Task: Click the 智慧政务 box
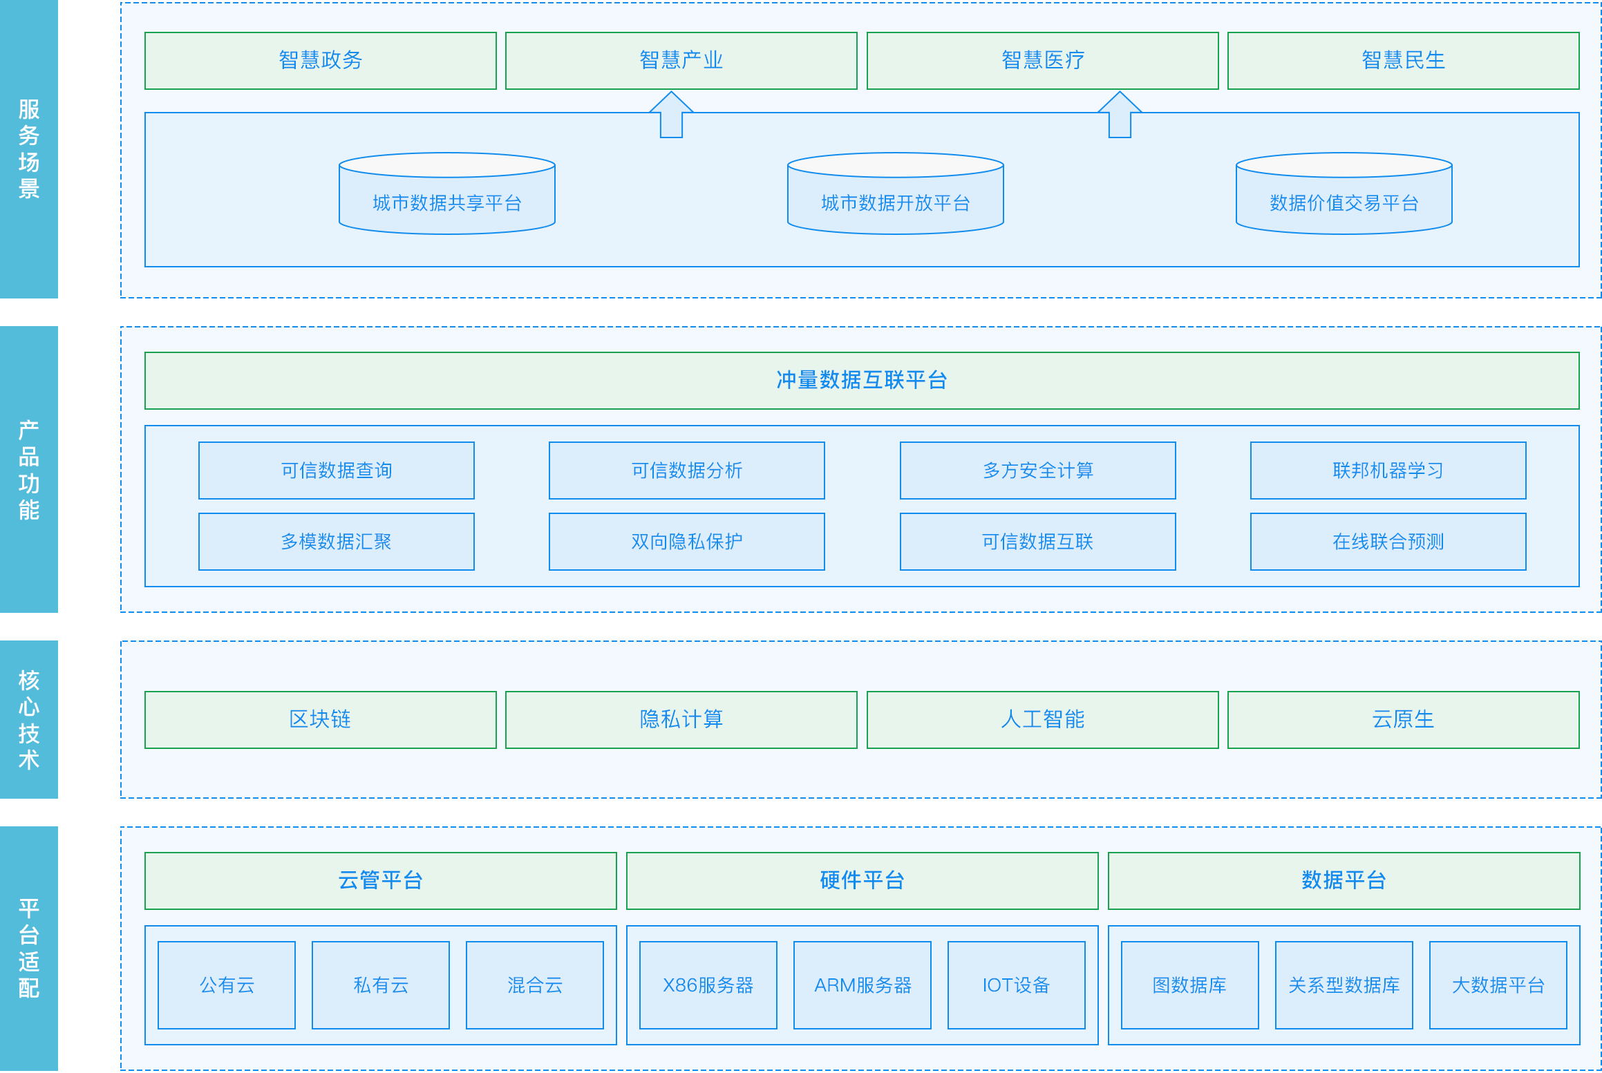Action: pyautogui.click(x=321, y=61)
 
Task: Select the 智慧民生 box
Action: pyautogui.click(x=1403, y=61)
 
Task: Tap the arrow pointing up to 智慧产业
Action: pyautogui.click(x=671, y=115)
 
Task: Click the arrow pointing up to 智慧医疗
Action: pyautogui.click(x=1120, y=115)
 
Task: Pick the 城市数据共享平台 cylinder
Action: pyautogui.click(x=447, y=193)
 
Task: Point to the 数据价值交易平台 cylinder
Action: pyautogui.click(x=1344, y=193)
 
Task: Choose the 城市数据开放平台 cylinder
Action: pyautogui.click(x=896, y=193)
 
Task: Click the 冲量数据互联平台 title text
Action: pyautogui.click(x=862, y=380)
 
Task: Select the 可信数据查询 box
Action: pyautogui.click(x=337, y=471)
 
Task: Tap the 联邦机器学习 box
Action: pyautogui.click(x=1388, y=471)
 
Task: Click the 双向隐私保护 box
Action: pyautogui.click(x=687, y=542)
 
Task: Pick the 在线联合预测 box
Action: pyautogui.click(x=1388, y=542)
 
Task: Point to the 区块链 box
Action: pyautogui.click(x=321, y=720)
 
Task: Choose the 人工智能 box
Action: pyautogui.click(x=1043, y=720)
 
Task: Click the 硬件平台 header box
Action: pyautogui.click(x=863, y=881)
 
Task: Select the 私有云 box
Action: pyautogui.click(x=381, y=985)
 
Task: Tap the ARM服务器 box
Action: pyautogui.click(x=863, y=985)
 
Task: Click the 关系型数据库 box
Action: pyautogui.click(x=1344, y=985)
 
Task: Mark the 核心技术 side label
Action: pyautogui.click(x=29, y=720)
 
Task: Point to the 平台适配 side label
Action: pyautogui.click(x=29, y=949)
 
